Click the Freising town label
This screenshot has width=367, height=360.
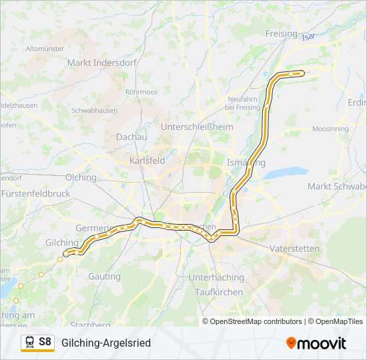[x=281, y=33]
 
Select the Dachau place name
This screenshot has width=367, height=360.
[x=131, y=136]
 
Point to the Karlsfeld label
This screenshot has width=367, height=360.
[x=147, y=161]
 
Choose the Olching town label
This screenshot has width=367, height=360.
[x=81, y=177]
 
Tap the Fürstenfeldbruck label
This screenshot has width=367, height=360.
[x=36, y=193]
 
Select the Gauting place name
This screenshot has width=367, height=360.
[x=105, y=276]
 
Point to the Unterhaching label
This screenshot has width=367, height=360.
[x=216, y=277]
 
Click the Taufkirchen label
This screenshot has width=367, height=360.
[x=218, y=292]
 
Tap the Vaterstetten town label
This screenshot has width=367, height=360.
[x=294, y=249]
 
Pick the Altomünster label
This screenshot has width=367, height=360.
[x=44, y=49]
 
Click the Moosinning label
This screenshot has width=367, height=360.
[x=330, y=128]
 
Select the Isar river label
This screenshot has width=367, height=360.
[x=308, y=37]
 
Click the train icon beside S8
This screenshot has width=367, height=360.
[x=29, y=343]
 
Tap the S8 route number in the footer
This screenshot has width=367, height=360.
[x=45, y=342]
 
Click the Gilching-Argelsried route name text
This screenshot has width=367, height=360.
[x=106, y=343]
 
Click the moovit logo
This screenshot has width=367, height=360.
[x=316, y=343]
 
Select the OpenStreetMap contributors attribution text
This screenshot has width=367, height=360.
[x=256, y=321]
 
